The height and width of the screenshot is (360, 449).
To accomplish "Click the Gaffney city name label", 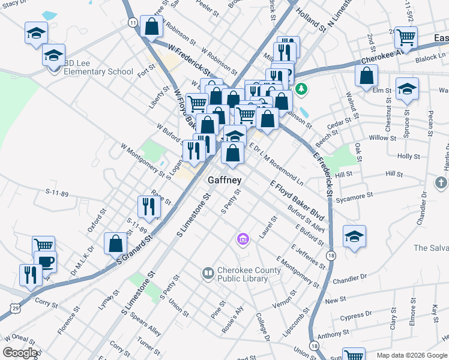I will [x=224, y=180].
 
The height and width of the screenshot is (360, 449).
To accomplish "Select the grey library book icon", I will [x=208, y=274].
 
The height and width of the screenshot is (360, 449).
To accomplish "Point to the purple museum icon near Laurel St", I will [x=243, y=240].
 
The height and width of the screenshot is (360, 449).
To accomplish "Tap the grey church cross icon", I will [x=440, y=182].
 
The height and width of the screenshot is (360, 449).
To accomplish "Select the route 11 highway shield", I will [x=132, y=22].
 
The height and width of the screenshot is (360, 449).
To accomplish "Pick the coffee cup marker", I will [x=46, y=262].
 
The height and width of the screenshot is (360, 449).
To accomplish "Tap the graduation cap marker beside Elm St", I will [x=407, y=90].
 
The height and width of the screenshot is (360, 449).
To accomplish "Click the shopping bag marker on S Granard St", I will [x=115, y=243].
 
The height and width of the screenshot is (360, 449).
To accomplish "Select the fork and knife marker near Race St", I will [x=148, y=207].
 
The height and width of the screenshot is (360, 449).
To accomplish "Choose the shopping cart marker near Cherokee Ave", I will [x=406, y=37].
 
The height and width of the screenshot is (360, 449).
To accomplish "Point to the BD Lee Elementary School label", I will [x=98, y=71].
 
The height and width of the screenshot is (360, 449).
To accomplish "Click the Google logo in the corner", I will [x=20, y=353].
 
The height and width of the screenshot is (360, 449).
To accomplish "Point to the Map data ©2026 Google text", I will [x=411, y=355].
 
